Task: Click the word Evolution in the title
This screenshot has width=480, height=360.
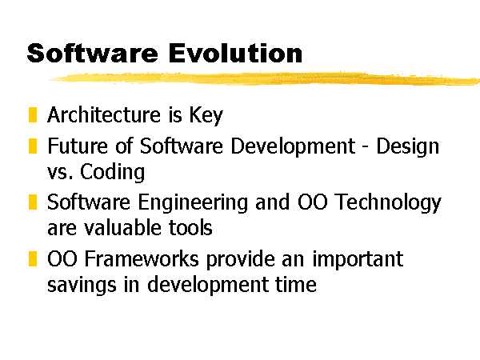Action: pos(235,54)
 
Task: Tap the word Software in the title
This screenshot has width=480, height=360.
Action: pos(93,54)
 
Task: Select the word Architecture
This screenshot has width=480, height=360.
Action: pos(104,114)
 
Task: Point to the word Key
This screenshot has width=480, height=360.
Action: pos(206,116)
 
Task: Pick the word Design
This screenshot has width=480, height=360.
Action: pos(407,147)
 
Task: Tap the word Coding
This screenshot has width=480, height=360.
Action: pos(112,173)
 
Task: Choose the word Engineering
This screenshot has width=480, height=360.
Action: pos(193,203)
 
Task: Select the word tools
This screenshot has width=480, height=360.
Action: pos(190,228)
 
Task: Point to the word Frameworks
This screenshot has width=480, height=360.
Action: pos(142,259)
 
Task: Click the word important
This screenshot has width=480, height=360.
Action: pos(358,260)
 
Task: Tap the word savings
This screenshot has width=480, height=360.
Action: pos(82,286)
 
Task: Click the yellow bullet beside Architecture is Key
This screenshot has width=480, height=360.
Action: pos(33,114)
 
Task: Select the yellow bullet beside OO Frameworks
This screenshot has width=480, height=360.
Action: pos(33,259)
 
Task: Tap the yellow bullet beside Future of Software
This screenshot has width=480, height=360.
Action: pos(33,146)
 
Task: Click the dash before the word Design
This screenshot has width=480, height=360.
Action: pos(366,148)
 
